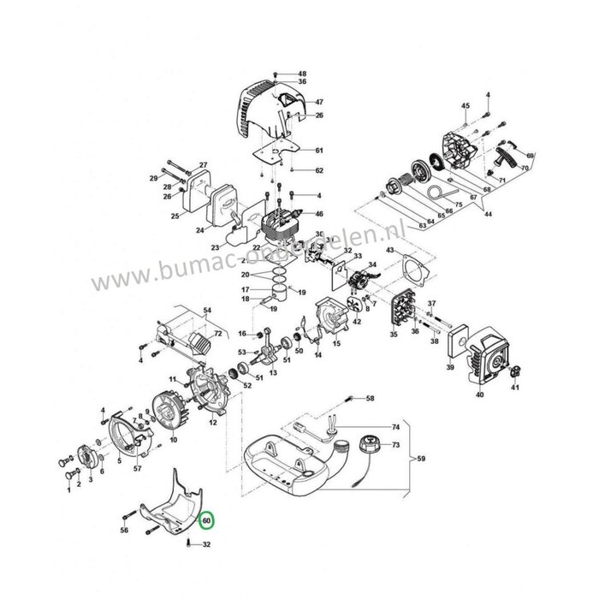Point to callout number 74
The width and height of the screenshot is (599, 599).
pyautogui.click(x=396, y=426)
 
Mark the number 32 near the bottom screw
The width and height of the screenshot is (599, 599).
pyautogui.click(x=206, y=568)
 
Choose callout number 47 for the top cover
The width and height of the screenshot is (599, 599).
pyautogui.click(x=294, y=102)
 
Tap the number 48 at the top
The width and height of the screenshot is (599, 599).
pyautogui.click(x=302, y=74)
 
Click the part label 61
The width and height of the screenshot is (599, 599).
pyautogui.click(x=295, y=151)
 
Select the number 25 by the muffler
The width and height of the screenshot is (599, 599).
pyautogui.click(x=175, y=216)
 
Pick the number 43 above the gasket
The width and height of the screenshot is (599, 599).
pyautogui.click(x=391, y=249)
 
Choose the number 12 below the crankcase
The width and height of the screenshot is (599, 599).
pyautogui.click(x=213, y=424)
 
